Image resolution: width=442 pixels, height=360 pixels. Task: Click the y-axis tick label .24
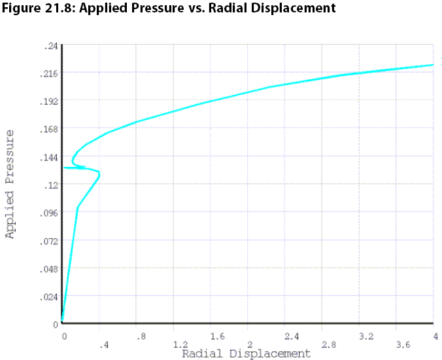[50, 46]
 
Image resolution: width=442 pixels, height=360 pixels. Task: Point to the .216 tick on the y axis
[49, 73]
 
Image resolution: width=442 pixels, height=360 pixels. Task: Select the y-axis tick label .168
[49, 129]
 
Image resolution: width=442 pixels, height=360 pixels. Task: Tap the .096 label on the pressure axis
[49, 213]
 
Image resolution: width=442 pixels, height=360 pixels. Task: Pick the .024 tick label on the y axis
[49, 297]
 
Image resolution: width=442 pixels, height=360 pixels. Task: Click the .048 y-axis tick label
[49, 269]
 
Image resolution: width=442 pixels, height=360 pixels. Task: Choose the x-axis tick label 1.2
[180, 344]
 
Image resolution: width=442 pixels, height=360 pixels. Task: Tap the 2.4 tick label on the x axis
[292, 336]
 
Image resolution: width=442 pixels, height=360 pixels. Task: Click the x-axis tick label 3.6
[403, 344]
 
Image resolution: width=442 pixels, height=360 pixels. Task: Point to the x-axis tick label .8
[140, 336]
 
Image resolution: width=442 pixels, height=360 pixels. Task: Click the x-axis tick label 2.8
[328, 344]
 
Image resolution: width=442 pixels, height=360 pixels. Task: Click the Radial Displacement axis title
[246, 354]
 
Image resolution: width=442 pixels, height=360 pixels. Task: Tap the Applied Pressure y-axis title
[10, 184]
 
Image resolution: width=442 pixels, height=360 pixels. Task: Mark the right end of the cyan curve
[433, 64]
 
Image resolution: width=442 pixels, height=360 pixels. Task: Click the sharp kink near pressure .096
[78, 207]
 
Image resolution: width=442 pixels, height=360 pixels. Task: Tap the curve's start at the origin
[62, 321]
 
